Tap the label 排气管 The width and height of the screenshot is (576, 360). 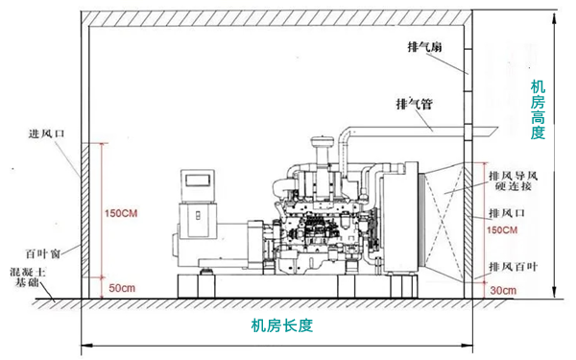pos(413,102)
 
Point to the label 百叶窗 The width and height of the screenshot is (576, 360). pos(43,253)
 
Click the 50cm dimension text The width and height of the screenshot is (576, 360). pos(122,288)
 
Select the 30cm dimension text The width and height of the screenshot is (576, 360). pos(502,289)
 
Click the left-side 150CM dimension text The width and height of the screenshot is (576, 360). pos(126,212)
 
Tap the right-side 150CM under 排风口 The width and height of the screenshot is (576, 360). pos(502,230)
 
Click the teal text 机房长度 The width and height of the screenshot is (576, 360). pos(282,325)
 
